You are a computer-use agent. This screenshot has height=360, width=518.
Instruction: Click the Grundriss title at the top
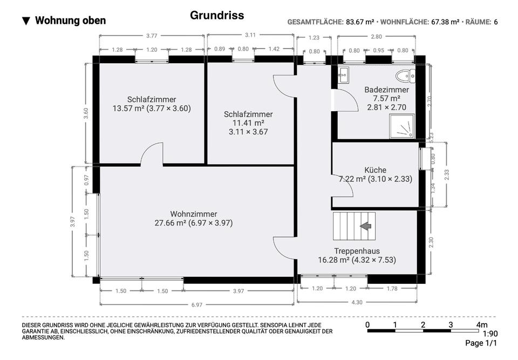tap(217, 15)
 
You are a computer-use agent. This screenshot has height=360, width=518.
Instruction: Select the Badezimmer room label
tap(386, 90)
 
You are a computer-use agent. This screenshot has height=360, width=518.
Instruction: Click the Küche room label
tap(375, 170)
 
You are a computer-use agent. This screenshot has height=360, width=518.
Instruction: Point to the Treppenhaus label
tap(357, 251)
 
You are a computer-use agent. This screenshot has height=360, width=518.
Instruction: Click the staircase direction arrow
tap(367, 226)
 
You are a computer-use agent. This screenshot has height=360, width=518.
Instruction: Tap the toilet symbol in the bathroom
tap(404, 76)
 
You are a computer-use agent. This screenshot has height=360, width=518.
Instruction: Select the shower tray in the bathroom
tap(404, 127)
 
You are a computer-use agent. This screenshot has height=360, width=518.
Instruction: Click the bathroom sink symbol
tap(343, 75)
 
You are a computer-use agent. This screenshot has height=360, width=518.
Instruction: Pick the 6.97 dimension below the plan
tap(196, 305)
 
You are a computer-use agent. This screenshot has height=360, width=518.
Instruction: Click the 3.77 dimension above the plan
tap(152, 36)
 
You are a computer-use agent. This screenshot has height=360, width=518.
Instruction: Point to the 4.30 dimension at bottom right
tap(357, 303)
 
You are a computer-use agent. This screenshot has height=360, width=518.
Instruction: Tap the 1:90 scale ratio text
tap(490, 334)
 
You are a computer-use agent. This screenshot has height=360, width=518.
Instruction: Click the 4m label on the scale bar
tap(481, 325)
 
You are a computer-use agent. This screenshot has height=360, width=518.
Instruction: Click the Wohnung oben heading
tap(70, 21)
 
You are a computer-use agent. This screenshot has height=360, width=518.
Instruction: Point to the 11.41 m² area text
tap(248, 123)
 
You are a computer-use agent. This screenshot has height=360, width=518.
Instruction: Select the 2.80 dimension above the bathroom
tap(376, 37)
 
